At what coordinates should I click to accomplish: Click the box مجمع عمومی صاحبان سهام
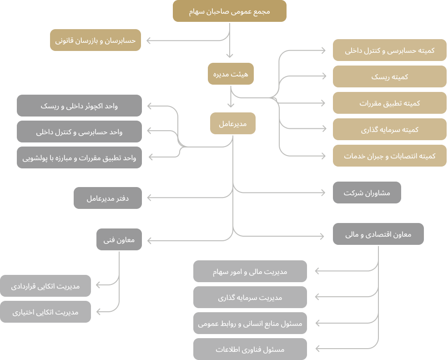coord(229,11)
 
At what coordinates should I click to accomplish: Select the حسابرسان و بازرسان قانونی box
coord(96,40)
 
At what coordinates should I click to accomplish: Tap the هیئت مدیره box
coord(231,73)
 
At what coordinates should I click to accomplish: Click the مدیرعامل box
coord(232,123)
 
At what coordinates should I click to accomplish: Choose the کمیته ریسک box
coord(389,76)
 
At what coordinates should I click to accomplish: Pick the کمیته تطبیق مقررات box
coord(389,103)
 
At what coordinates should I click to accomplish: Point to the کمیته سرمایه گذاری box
coord(389,129)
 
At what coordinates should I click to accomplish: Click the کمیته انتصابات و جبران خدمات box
coord(389,156)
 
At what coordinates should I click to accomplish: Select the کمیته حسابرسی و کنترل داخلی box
coord(389,50)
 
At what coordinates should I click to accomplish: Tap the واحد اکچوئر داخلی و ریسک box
coord(79,106)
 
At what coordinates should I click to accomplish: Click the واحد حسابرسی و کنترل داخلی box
coord(79,132)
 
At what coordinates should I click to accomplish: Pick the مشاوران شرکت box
coord(367,193)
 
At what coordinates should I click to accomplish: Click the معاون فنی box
coord(119,239)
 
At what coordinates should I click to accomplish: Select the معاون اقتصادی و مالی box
coord(378,234)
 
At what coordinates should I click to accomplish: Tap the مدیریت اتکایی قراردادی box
coord(45,286)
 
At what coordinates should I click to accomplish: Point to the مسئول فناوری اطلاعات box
coord(250,350)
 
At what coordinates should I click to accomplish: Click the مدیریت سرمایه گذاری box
coord(250,297)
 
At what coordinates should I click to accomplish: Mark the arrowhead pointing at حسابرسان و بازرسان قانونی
coord(149,41)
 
